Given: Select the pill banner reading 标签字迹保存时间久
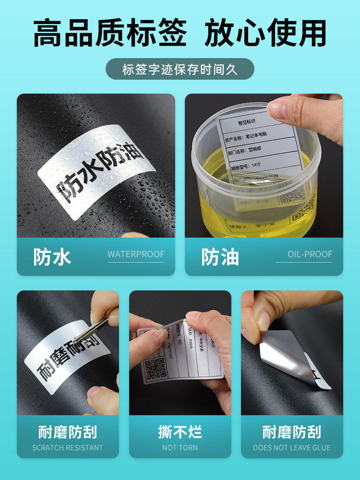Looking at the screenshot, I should tap(180, 69).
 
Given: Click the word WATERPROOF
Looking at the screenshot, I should tap(136, 254).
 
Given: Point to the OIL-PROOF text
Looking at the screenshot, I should tap(310, 254).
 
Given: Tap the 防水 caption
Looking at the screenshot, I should tap(52, 257).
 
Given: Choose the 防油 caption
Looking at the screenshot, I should tap(220, 257).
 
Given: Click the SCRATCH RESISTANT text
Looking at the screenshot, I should tap(68, 447).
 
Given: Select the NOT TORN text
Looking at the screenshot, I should tap(180, 447).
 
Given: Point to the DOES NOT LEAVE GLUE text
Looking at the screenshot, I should tap(292, 447).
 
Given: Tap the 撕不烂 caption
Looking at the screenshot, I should tap(180, 432).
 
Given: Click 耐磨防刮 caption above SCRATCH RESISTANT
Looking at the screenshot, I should tap(68, 432).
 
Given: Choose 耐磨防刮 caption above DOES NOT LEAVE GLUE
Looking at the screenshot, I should tap(292, 432).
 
